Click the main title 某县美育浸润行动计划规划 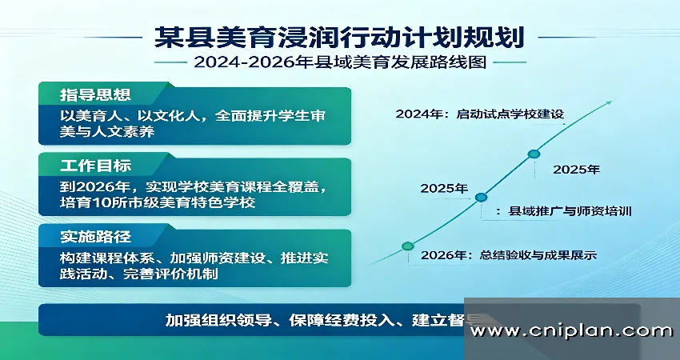point(339,38)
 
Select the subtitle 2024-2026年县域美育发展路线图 point(340,62)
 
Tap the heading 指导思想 point(95,95)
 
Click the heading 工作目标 point(95,166)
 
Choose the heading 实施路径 point(95,237)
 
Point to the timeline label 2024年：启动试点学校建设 point(480,114)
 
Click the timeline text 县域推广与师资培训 point(570,211)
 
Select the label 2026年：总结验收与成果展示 point(509,254)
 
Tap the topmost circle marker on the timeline point(534,154)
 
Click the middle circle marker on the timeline point(481,198)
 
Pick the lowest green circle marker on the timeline point(408,246)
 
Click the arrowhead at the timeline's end point(610,102)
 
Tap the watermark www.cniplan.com point(571,331)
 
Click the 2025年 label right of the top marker point(576,170)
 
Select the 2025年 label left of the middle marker point(444,188)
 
